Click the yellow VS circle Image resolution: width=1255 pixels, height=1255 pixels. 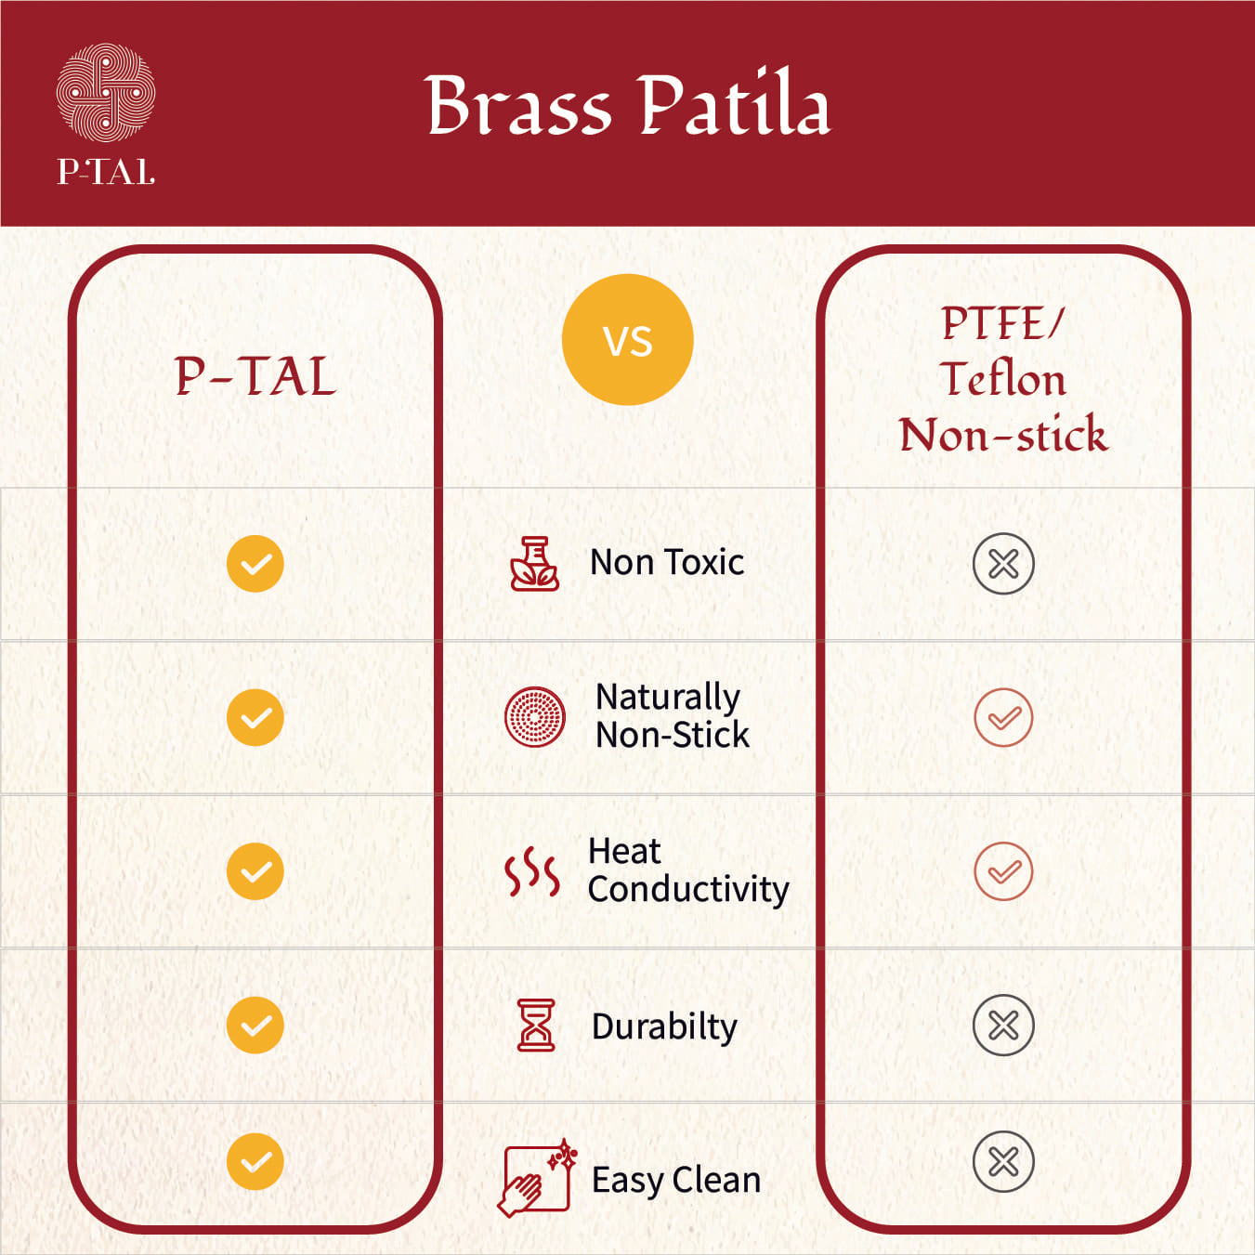627,340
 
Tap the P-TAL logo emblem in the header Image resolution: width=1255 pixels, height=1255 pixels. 106,93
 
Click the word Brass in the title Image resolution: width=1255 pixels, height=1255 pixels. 517,106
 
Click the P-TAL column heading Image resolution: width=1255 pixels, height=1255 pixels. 255,377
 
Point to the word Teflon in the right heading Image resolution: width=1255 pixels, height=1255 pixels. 1002,379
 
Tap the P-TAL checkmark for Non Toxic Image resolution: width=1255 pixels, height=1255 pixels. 255,564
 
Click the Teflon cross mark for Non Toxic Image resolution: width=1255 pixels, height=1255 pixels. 1003,564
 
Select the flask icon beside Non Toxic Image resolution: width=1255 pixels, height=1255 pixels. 534,564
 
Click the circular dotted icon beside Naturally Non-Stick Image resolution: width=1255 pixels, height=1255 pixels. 534,717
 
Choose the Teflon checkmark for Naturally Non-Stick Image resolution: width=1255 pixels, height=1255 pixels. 1003,718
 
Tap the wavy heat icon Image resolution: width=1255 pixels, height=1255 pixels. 531,871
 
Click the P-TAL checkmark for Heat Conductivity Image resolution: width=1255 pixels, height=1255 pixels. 255,871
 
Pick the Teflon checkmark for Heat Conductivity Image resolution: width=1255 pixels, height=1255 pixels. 1003,871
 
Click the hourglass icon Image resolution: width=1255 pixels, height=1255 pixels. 536,1026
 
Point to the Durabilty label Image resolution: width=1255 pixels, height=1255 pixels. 664,1026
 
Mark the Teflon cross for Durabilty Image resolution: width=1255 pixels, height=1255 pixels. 1003,1026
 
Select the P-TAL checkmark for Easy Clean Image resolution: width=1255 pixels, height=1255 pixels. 255,1162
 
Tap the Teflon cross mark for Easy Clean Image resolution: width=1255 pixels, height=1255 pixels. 1003,1162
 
